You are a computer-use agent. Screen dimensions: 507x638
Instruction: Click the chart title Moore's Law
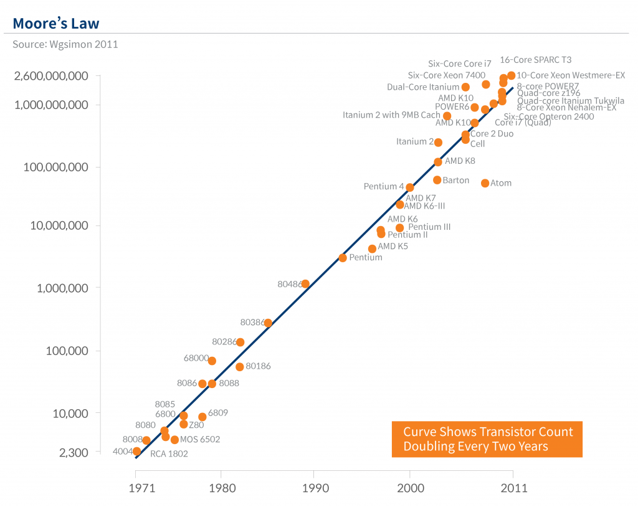point(56,24)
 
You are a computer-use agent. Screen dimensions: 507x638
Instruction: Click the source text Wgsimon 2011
point(65,44)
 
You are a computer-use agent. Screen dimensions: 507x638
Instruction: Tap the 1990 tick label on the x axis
point(313,488)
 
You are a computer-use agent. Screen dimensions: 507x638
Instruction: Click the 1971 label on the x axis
point(136,488)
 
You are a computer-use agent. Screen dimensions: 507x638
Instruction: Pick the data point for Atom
point(485,183)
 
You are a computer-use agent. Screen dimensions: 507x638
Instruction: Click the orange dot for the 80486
point(305,284)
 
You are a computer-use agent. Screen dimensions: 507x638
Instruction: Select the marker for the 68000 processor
point(212,361)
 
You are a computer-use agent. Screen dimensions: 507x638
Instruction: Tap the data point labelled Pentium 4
point(410,187)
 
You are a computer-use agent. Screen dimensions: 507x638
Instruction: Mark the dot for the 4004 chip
point(137,451)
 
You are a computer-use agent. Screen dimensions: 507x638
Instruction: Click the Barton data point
point(437,180)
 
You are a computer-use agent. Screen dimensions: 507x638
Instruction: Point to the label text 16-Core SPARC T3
point(536,60)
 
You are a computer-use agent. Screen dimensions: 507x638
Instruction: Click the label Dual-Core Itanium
point(423,87)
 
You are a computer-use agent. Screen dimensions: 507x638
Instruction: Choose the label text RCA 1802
point(169,454)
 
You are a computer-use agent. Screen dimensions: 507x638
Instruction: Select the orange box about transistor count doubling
point(487,439)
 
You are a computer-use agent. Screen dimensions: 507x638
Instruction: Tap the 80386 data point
point(268,323)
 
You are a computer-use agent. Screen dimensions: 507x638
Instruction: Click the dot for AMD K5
point(372,249)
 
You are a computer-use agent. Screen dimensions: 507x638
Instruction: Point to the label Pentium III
point(429,227)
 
